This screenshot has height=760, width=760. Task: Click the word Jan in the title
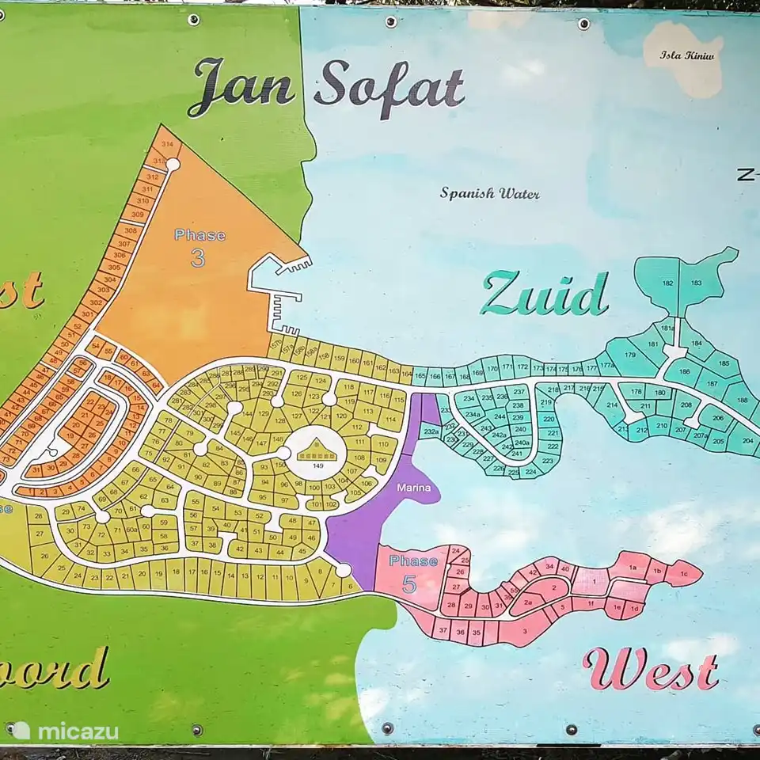pyautogui.click(x=241, y=87)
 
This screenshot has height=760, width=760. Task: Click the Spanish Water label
pyautogui.click(x=490, y=192)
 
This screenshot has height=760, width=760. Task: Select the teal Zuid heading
pyautogui.click(x=545, y=294)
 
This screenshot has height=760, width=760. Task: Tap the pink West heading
pyautogui.click(x=651, y=670)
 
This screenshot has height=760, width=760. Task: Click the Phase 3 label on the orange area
pyautogui.click(x=199, y=246)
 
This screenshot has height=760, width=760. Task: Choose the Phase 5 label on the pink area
pyautogui.click(x=412, y=572)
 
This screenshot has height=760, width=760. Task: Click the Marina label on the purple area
pyautogui.click(x=412, y=489)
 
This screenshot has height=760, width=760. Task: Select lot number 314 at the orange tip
pyautogui.click(x=167, y=144)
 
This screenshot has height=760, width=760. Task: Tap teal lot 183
pyautogui.click(x=697, y=283)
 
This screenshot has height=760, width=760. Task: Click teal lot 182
pyautogui.click(x=667, y=283)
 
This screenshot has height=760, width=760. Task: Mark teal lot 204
pyautogui.click(x=746, y=441)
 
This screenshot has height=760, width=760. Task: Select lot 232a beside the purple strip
pyautogui.click(x=430, y=431)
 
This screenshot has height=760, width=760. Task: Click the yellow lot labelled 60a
pyautogui.click(x=131, y=528)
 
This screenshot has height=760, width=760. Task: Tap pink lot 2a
pyautogui.click(x=527, y=602)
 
